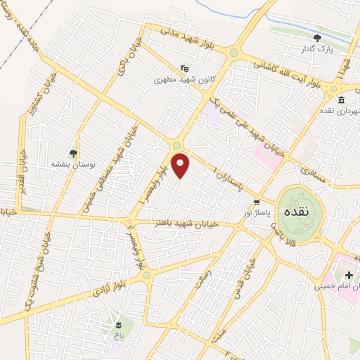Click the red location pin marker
[181, 165]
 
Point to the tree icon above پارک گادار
[317, 38]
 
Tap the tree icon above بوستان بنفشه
[72, 152]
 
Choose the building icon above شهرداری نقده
[340, 99]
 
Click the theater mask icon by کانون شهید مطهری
[184, 68]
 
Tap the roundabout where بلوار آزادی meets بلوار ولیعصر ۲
[146, 276]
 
